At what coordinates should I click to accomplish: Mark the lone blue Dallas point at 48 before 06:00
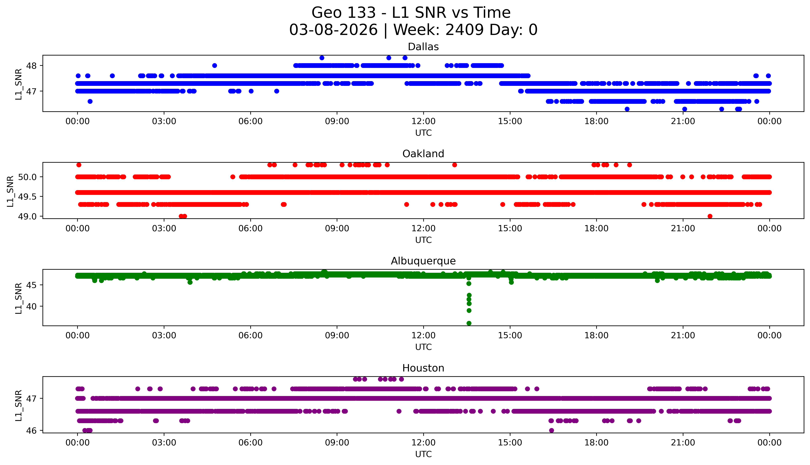click(x=215, y=65)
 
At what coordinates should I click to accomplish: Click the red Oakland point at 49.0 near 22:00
click(x=710, y=216)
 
